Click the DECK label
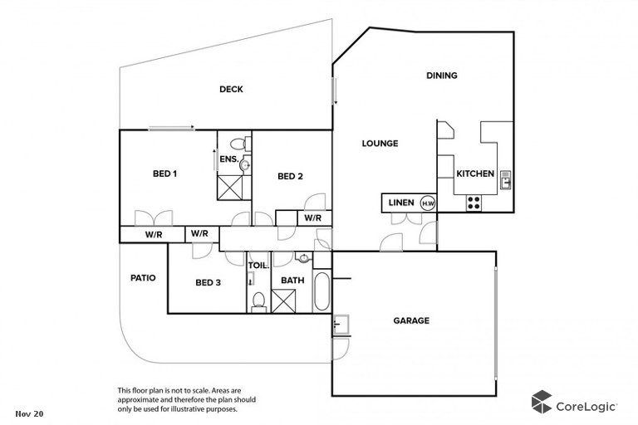coord(231,90)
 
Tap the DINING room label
coord(442,76)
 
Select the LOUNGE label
coord(380,144)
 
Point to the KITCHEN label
coord(475,173)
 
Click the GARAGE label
coord(410,320)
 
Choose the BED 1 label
coord(164,173)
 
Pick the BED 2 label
coord(290,175)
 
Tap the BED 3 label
coord(208,282)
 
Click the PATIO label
coord(143,277)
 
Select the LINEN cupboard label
coord(401,203)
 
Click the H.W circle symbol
coord(428,203)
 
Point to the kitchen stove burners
coord(474,200)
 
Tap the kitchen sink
coord(504,176)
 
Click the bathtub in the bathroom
coord(320,291)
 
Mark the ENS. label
coord(229,158)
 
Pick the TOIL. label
coord(258,266)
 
